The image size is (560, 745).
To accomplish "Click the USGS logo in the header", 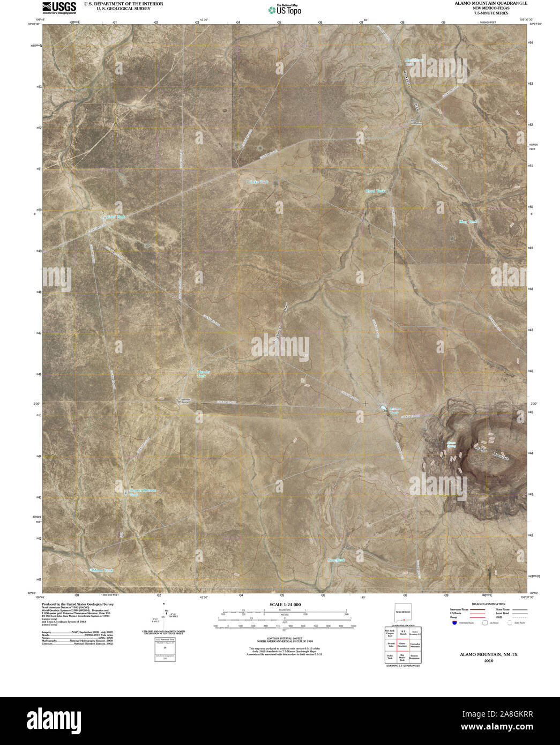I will tap(59, 7).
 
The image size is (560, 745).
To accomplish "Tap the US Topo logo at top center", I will tap(285, 9).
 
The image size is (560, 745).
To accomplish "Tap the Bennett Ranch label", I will tap(185, 400).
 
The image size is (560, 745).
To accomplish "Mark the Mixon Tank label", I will tap(103, 570).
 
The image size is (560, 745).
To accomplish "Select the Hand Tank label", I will tap(375, 191).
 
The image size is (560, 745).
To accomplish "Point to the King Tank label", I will tap(468, 221).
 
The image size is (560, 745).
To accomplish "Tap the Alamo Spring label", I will tap(451, 444).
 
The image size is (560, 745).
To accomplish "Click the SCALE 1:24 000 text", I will tap(285, 605).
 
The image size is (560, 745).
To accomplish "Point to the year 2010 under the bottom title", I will tap(488, 661).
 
